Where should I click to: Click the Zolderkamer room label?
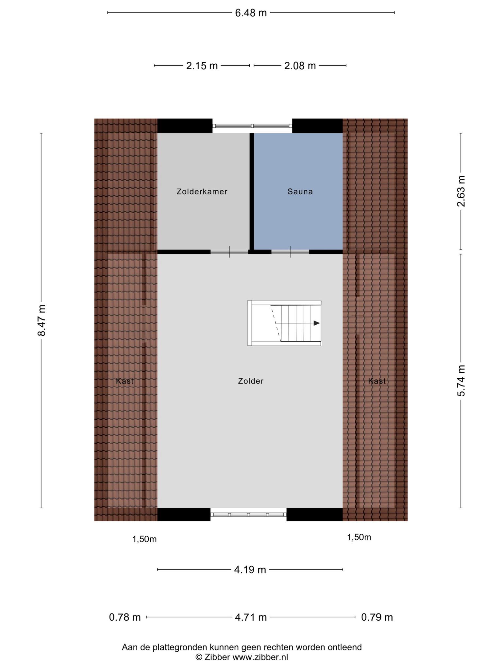202,191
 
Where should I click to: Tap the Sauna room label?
300,191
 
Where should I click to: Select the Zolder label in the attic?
251,381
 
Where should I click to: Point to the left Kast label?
125,381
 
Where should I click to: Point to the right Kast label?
377,381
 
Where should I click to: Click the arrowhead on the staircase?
317,323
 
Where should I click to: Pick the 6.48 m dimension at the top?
251,13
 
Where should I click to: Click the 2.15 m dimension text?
202,66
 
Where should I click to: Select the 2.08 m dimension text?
300,66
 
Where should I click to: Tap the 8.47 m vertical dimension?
41,320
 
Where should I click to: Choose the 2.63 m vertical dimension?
461,191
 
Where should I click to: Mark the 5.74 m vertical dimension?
461,381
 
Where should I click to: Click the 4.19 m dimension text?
250,570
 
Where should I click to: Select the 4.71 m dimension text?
251,617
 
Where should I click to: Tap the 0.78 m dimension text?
125,617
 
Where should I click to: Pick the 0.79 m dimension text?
377,617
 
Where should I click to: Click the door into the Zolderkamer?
229,252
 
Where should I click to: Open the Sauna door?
290,252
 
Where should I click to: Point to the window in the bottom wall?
248,514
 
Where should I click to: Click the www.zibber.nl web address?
260,657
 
